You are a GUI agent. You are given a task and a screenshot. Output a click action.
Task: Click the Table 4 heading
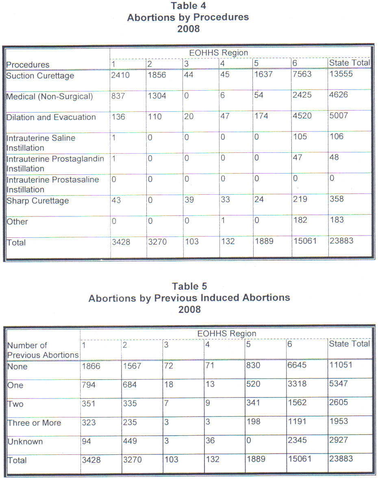[189, 6]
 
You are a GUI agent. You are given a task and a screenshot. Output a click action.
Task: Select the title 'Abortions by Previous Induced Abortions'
[189, 298]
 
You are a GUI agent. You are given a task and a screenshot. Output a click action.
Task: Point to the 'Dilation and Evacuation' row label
[51, 117]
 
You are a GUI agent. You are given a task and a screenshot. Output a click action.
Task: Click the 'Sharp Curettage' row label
[38, 201]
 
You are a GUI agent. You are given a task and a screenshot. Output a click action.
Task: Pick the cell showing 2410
[120, 75]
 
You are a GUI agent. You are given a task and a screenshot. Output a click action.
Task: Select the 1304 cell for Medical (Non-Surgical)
[157, 96]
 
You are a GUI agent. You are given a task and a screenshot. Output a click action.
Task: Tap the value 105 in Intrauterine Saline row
[301, 137]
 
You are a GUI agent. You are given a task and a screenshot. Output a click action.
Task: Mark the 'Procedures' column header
[28, 65]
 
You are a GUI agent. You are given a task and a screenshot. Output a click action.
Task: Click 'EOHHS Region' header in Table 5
[227, 334]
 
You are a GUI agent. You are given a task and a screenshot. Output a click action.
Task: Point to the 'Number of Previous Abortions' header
[43, 350]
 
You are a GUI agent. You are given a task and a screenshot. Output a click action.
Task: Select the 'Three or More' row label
[34, 423]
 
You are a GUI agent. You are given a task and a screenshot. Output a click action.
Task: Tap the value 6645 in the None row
[298, 365]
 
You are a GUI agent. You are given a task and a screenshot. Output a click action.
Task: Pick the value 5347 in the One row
[339, 384]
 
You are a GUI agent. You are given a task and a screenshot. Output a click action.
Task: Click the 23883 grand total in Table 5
[341, 459]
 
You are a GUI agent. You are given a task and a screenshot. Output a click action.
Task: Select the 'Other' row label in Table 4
[17, 222]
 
